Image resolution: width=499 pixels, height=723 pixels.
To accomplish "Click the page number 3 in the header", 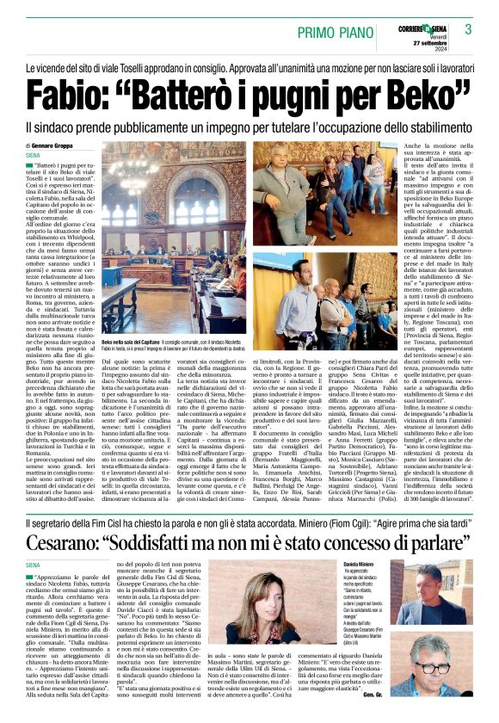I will tap(469, 29).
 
